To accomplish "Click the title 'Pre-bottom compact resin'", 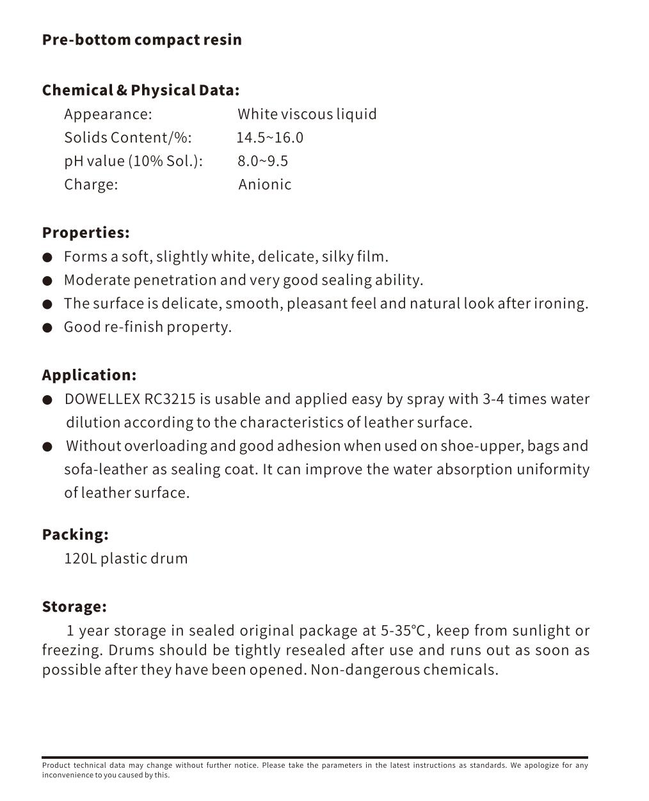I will click(141, 40).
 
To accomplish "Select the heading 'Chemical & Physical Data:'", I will click(140, 90).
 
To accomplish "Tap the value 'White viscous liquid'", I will click(307, 114).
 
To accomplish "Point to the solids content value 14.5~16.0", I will click(269, 137).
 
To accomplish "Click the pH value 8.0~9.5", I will click(262, 161).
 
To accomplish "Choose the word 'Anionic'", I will click(264, 185).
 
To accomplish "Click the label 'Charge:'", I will click(91, 185).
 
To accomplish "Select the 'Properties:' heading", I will click(86, 233).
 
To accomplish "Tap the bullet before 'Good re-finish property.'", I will click(47, 328).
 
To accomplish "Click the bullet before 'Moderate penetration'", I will click(47, 281).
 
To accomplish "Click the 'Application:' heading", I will click(89, 375).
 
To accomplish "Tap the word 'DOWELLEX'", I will click(102, 400).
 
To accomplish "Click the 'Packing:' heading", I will click(75, 534).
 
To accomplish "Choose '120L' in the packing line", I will click(80, 559).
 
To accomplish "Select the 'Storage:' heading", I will click(74, 607).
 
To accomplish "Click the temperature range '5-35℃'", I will click(403, 631).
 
